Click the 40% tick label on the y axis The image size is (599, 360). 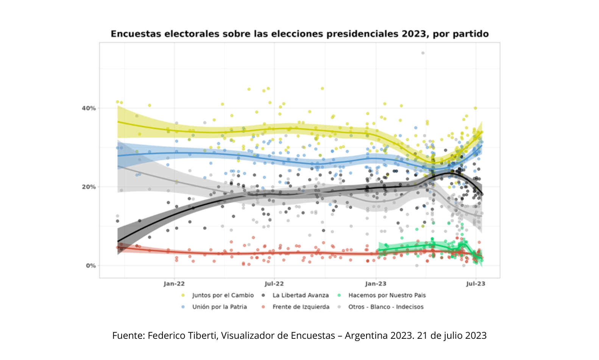pyautogui.click(x=89, y=108)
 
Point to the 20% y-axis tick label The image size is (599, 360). pyautogui.click(x=89, y=187)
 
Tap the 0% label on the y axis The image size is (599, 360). pyautogui.click(x=91, y=266)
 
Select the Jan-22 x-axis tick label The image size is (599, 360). pyautogui.click(x=174, y=283)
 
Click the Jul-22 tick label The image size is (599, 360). pyautogui.click(x=274, y=283)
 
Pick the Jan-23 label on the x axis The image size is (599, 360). pyautogui.click(x=376, y=283)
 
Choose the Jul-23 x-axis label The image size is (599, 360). pyautogui.click(x=476, y=283)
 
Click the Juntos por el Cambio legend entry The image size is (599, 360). pyautogui.click(x=223, y=295)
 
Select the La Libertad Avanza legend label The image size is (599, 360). pyautogui.click(x=301, y=295)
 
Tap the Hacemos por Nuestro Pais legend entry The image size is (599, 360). pyautogui.click(x=387, y=295)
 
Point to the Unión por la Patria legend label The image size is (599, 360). pyautogui.click(x=220, y=307)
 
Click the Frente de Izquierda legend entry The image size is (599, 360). pyautogui.click(x=301, y=307)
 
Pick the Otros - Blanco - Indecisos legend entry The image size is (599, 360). pyautogui.click(x=386, y=307)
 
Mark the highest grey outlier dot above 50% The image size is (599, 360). pyautogui.click(x=423, y=53)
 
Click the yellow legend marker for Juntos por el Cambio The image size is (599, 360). pyautogui.click(x=183, y=295)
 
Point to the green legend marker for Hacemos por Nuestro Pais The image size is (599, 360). pyautogui.click(x=340, y=295)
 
